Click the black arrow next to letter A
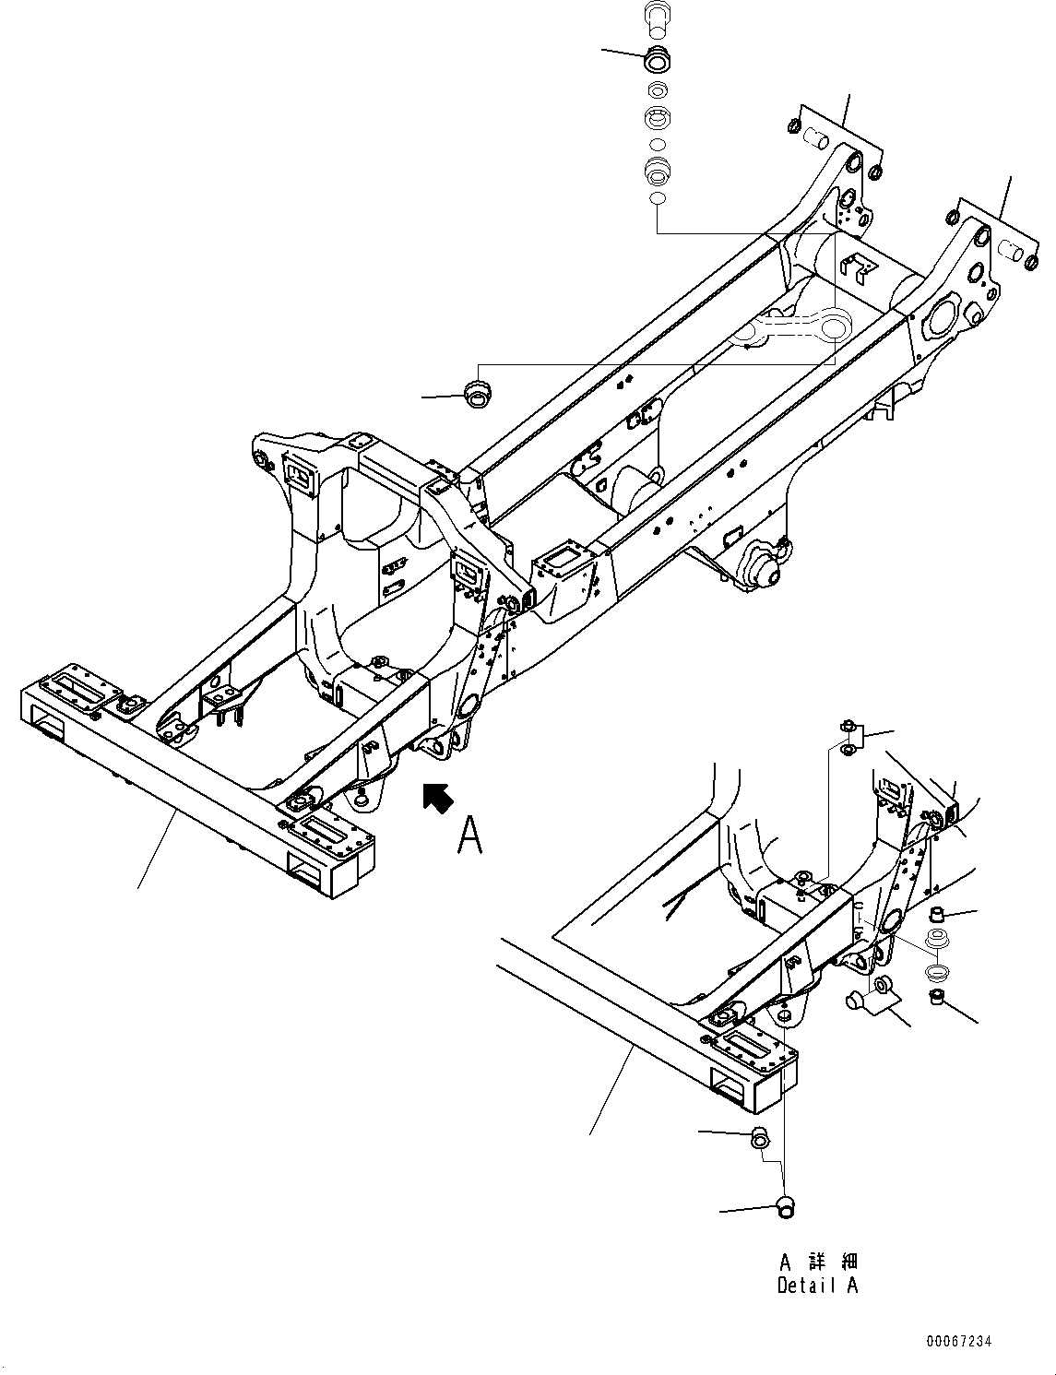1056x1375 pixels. click(437, 798)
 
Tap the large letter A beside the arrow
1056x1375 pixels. click(469, 836)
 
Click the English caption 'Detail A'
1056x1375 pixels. click(817, 1285)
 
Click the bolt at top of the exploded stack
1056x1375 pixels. click(656, 18)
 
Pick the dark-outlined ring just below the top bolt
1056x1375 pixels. click(656, 60)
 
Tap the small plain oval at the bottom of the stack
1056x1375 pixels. click(656, 199)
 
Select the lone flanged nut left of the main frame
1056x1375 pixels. click(476, 393)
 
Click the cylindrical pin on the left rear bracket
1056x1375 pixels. click(816, 140)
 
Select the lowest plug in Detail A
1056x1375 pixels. click(786, 1203)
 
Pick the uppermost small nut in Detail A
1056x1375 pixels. click(848, 730)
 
